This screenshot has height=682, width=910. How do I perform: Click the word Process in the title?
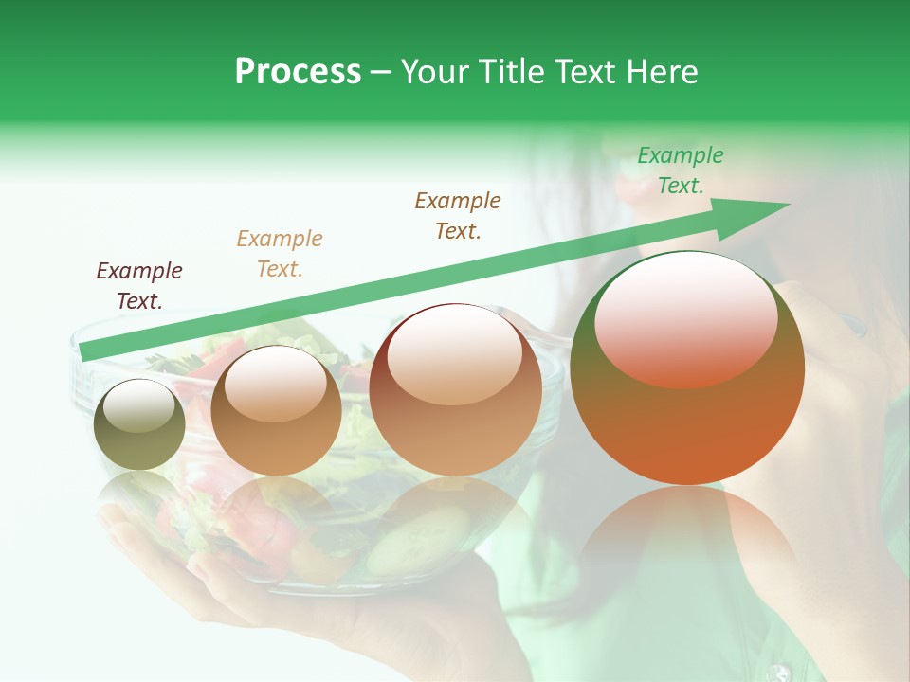pos(298,72)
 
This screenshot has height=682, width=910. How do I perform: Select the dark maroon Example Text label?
pos(139,286)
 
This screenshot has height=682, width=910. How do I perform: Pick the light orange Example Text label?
pos(280,254)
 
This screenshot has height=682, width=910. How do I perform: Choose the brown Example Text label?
pos(458,216)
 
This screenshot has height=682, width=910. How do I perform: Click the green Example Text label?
pos(680,170)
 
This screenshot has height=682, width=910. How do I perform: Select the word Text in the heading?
pos(586,72)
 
